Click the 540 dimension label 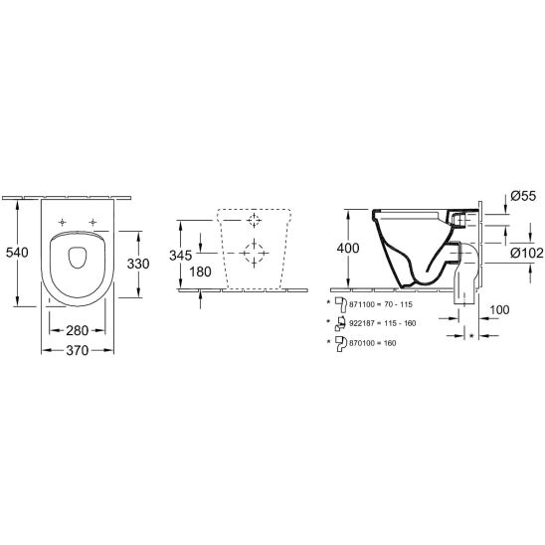tap(17, 253)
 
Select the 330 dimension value tap(138, 264)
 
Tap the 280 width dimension tap(78, 330)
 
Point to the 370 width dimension tap(78, 350)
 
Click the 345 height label tap(180, 256)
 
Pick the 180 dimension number tap(200, 272)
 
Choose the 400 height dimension tap(348, 249)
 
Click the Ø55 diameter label tap(523, 196)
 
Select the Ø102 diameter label tap(526, 253)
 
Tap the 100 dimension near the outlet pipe tap(499, 309)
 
